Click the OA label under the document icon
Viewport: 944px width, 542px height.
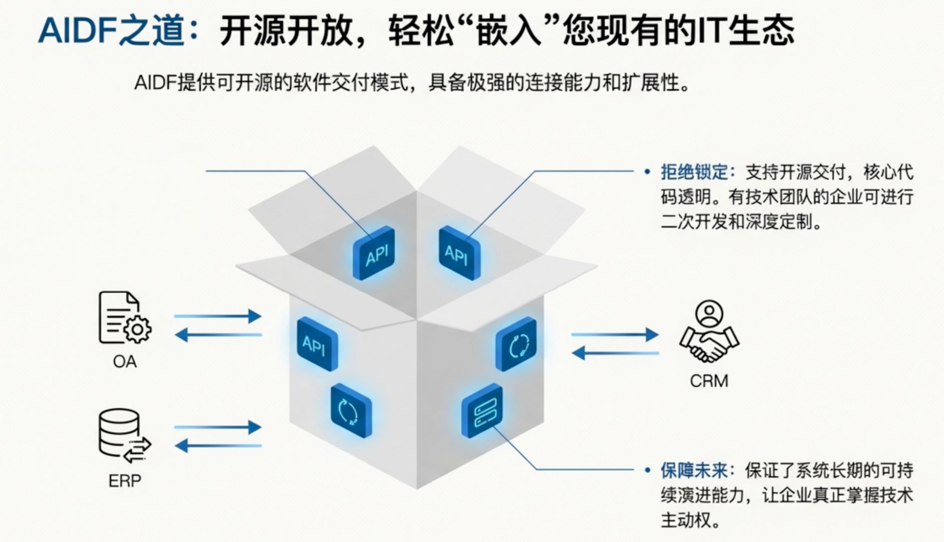(x=124, y=361)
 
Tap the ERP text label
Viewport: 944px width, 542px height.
(x=124, y=481)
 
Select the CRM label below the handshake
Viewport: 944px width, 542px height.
(x=709, y=381)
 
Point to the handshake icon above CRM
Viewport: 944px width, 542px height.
(x=709, y=331)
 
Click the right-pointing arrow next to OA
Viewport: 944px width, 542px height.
(x=218, y=316)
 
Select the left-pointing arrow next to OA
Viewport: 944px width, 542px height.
(x=218, y=335)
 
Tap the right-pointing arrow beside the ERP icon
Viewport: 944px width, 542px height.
(x=218, y=428)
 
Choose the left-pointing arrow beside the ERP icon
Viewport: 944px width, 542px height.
(x=218, y=445)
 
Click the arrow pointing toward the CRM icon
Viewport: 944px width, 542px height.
(x=615, y=334)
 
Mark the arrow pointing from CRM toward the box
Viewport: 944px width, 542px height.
(x=615, y=353)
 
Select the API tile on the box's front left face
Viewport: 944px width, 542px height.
(x=317, y=344)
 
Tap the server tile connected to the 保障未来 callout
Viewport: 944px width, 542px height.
(x=482, y=410)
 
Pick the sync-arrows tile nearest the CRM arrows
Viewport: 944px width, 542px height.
(x=516, y=344)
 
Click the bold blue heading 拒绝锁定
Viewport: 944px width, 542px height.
(x=694, y=172)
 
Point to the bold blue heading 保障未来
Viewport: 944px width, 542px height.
(x=694, y=470)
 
